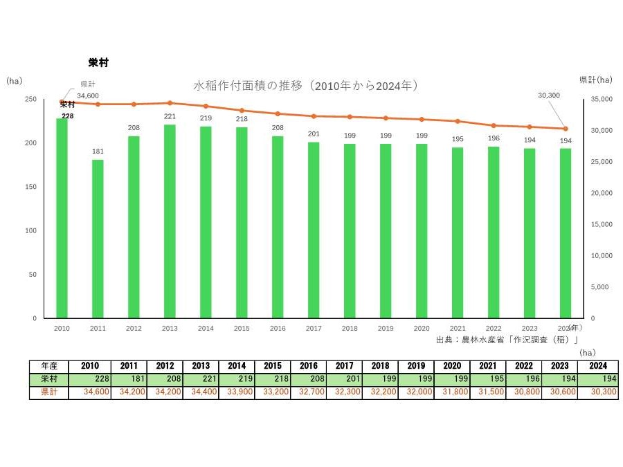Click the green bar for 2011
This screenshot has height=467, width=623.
pyautogui.click(x=98, y=239)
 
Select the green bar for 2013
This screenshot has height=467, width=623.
pyautogui.click(x=170, y=221)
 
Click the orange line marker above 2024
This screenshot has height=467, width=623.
pyautogui.click(x=566, y=129)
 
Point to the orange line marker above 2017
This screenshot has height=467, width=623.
pyautogui.click(x=314, y=116)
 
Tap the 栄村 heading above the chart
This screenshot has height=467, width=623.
pyautogui.click(x=98, y=62)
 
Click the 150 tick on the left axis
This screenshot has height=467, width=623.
pyautogui.click(x=30, y=187)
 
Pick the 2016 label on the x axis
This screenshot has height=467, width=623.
pyautogui.click(x=278, y=329)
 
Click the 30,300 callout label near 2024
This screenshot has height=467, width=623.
pyautogui.click(x=548, y=95)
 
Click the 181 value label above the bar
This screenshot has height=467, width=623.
pyautogui.click(x=98, y=152)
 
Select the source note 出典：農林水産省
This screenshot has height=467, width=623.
pyautogui.click(x=506, y=340)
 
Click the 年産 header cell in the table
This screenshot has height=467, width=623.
pyautogui.click(x=50, y=366)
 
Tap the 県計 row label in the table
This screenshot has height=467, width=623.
pyautogui.click(x=50, y=392)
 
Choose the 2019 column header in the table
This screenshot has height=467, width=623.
pyautogui.click(x=416, y=366)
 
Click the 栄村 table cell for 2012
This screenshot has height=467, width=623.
pyautogui.click(x=164, y=379)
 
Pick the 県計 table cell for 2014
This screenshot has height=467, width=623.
pyautogui.click(x=236, y=392)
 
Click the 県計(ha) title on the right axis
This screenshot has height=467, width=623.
pyautogui.click(x=595, y=80)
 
